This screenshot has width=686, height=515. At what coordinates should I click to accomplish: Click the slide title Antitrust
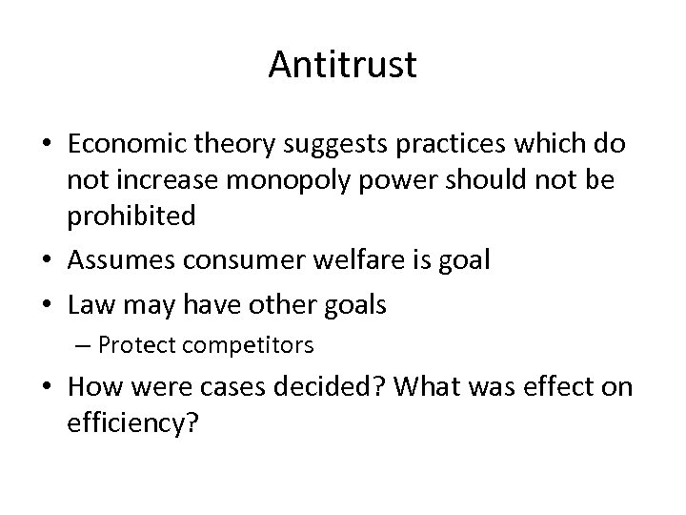[x=343, y=65]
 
